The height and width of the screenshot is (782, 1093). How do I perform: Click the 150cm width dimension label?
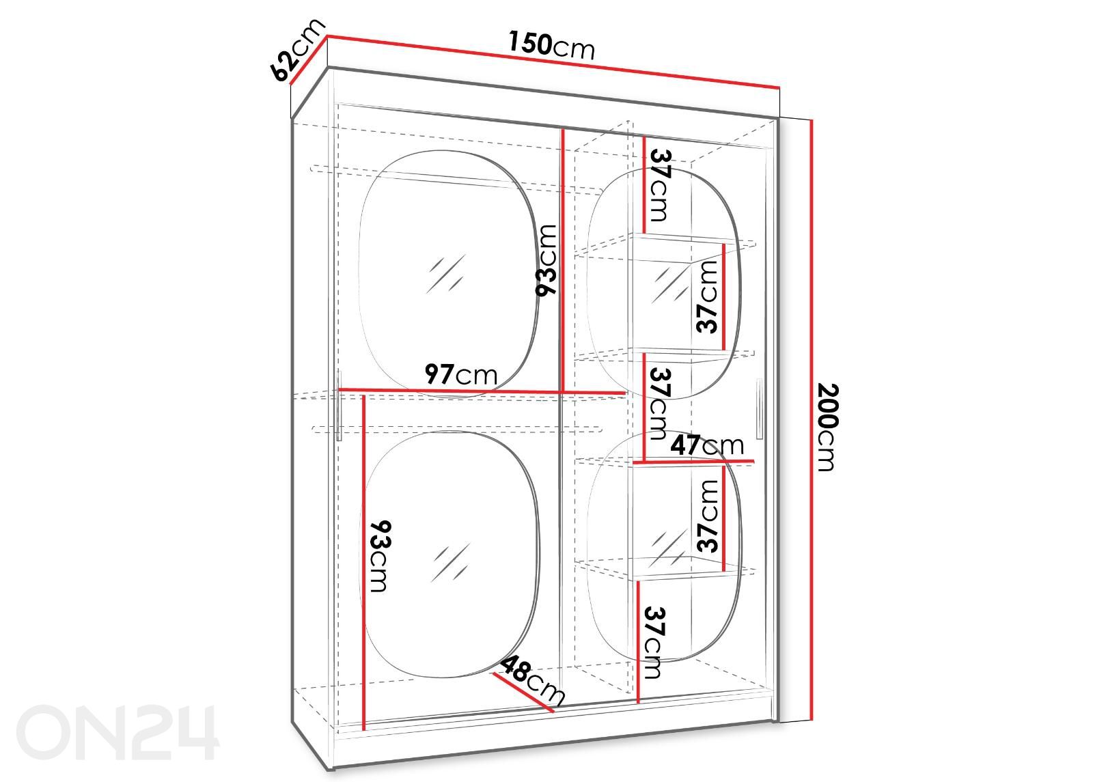[552, 45]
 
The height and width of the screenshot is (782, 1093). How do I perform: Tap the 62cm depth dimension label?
[296, 50]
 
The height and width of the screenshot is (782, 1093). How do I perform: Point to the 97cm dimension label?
[460, 374]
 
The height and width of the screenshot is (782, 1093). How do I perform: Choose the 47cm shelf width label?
[707, 445]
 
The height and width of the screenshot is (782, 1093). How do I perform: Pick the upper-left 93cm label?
[546, 260]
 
